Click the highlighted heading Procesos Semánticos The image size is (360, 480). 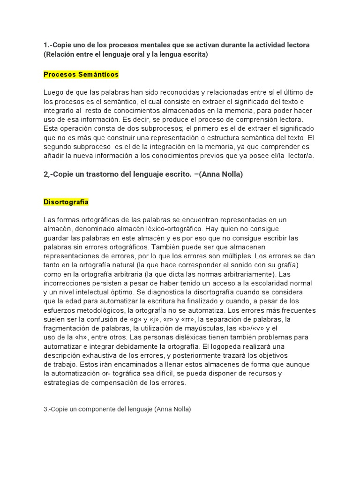[81, 75]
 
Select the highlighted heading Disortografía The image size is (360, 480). [66, 202]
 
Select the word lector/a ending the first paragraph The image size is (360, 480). [301, 156]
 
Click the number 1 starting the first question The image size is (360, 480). [45, 45]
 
